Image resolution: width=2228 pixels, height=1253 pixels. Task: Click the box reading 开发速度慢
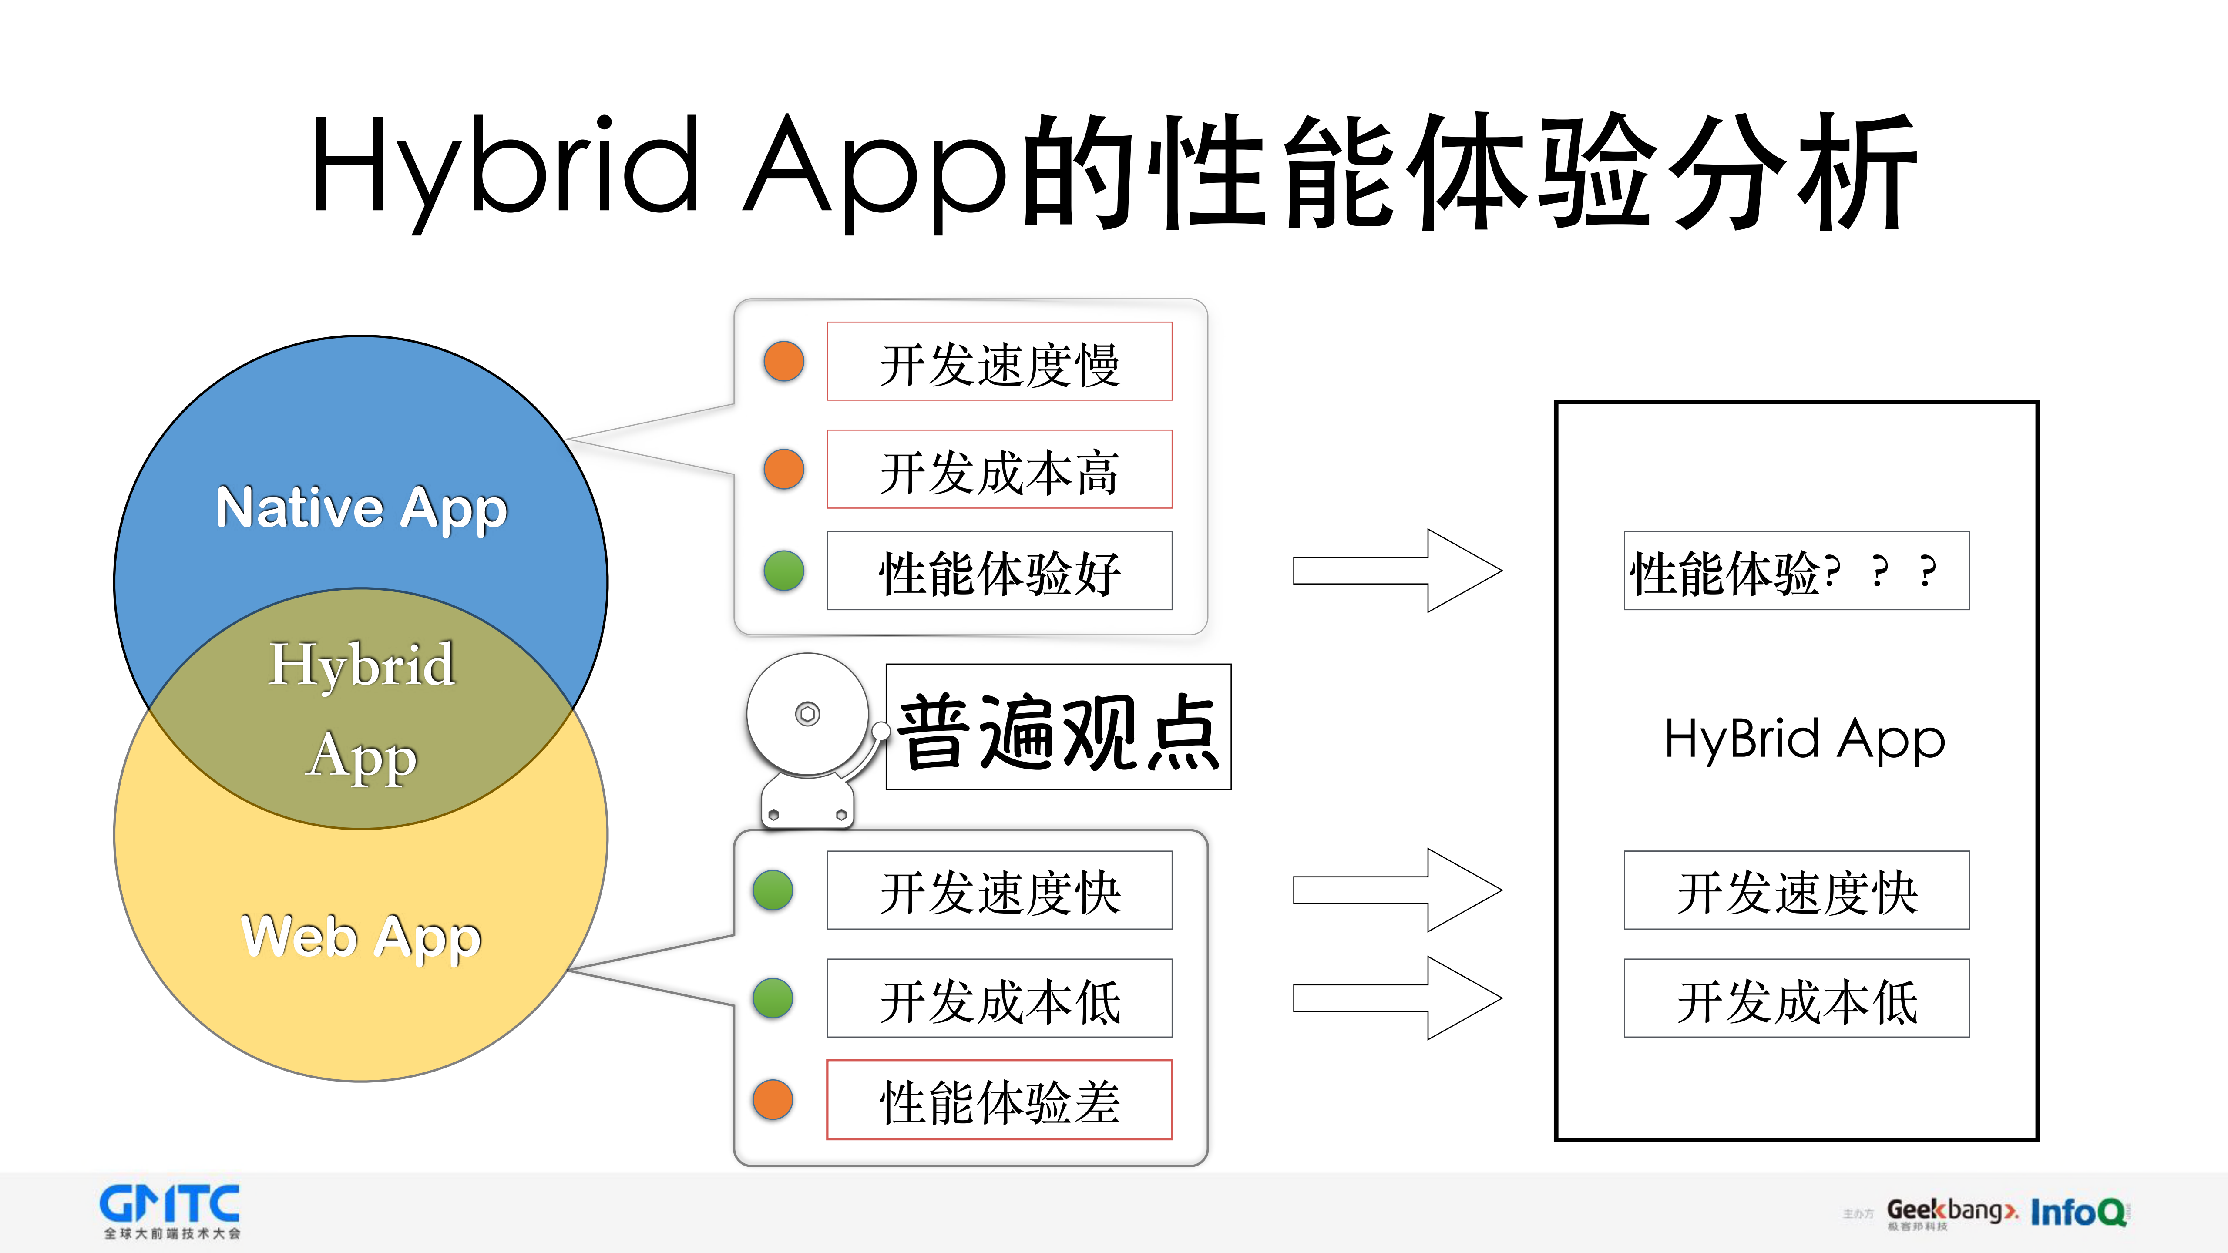pyautogui.click(x=999, y=362)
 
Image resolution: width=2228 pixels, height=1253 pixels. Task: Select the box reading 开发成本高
pyautogui.click(x=999, y=470)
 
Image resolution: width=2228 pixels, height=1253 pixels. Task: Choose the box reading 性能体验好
pyautogui.click(x=999, y=571)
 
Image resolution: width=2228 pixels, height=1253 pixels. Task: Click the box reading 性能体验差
pyautogui.click(x=999, y=1100)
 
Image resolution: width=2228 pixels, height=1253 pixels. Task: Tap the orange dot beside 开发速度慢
pyautogui.click(x=783, y=362)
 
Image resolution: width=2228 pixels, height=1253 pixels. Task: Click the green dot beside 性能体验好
pyautogui.click(x=783, y=571)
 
